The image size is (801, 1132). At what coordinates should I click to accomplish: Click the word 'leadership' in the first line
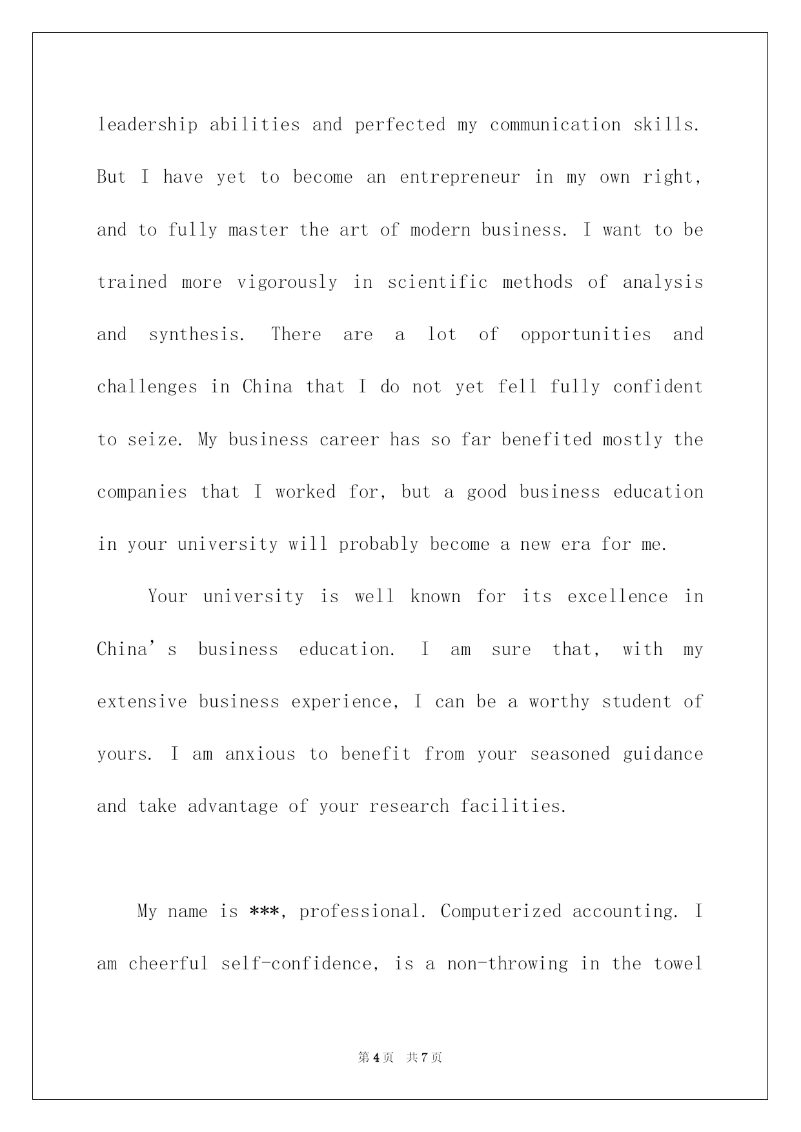147,125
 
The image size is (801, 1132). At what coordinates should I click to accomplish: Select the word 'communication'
555,125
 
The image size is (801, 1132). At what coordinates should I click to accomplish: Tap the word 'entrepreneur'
460,177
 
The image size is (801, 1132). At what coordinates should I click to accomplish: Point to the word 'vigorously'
287,283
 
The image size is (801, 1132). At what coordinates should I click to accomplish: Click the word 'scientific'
438,282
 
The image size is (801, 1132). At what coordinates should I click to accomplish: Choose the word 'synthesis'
196,335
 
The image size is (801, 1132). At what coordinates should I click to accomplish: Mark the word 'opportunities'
586,335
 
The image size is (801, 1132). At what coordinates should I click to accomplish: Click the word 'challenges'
147,387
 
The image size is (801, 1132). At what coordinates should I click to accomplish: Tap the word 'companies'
142,492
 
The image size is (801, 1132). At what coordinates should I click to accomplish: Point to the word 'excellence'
618,596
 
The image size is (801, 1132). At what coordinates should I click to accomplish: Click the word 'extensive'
142,702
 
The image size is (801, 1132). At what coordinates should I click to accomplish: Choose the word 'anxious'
260,754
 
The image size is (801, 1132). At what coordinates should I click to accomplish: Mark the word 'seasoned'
570,754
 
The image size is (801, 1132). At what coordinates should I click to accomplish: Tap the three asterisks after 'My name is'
263,911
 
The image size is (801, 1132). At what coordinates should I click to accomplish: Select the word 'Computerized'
501,911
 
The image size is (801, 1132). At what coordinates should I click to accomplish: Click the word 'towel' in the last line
678,964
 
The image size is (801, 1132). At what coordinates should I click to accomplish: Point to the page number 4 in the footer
376,1058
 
